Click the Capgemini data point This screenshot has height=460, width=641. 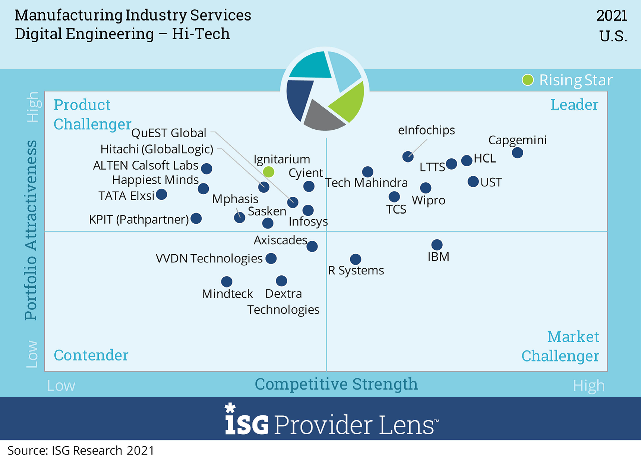(x=517, y=152)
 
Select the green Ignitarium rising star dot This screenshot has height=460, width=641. (x=269, y=172)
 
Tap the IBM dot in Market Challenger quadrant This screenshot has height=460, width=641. (x=437, y=245)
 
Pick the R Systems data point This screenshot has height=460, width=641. (x=356, y=259)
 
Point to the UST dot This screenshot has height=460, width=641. (x=473, y=182)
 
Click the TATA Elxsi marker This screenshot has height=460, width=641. (x=161, y=194)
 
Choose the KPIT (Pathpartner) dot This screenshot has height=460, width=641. (x=196, y=218)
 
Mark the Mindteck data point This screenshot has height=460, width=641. (x=227, y=281)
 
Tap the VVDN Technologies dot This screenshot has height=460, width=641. (x=271, y=258)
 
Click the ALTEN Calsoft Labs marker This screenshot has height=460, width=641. (x=206, y=168)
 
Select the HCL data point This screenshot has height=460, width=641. (x=467, y=161)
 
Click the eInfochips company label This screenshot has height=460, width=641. (x=426, y=130)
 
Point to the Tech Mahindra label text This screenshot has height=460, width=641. (x=366, y=183)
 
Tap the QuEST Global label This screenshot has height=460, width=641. (x=169, y=133)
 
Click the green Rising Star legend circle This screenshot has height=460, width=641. (x=528, y=80)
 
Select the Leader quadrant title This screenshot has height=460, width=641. (x=574, y=105)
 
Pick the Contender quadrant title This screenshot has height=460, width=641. (x=91, y=355)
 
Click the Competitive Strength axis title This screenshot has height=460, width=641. (x=336, y=384)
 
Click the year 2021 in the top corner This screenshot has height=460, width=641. (x=612, y=16)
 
